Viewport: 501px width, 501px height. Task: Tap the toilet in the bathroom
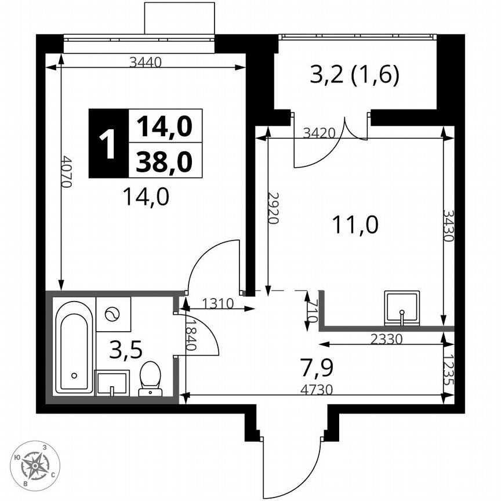(150, 379)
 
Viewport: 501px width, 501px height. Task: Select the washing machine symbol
(112, 315)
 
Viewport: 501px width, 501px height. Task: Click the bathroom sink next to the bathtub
(112, 383)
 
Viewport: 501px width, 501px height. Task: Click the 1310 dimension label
(217, 303)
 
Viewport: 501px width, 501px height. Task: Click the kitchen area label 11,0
(355, 223)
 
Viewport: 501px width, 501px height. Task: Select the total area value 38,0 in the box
(164, 161)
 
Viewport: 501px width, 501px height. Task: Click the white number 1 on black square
(107, 143)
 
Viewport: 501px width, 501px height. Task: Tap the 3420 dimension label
(320, 132)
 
